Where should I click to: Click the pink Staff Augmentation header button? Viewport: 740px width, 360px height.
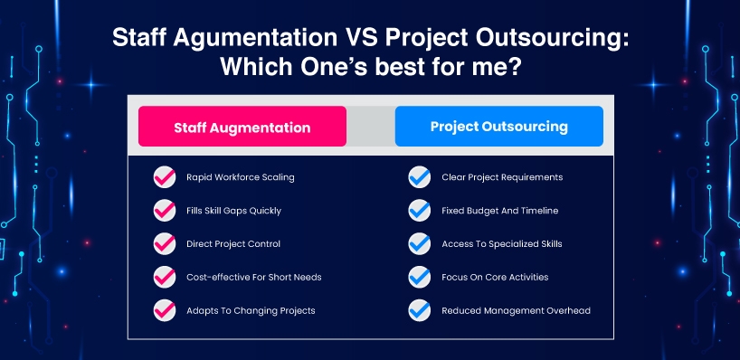pyautogui.click(x=242, y=127)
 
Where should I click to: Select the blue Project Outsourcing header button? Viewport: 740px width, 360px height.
pyautogui.click(x=498, y=127)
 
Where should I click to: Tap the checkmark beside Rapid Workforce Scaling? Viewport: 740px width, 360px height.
pyautogui.click(x=165, y=177)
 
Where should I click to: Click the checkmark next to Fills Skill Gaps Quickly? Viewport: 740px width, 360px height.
pyautogui.click(x=165, y=211)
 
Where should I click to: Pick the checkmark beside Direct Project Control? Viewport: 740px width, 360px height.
pyautogui.click(x=165, y=244)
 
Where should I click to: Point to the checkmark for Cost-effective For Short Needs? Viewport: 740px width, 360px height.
pyautogui.click(x=165, y=277)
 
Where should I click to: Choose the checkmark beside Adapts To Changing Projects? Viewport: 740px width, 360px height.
pyautogui.click(x=165, y=310)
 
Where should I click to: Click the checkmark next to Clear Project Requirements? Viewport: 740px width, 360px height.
pyautogui.click(x=420, y=177)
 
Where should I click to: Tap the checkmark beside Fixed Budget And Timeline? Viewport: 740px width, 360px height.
pyautogui.click(x=420, y=211)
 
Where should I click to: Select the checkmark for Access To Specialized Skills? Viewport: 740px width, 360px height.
pyautogui.click(x=420, y=244)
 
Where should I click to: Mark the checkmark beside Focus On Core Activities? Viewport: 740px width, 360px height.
pyautogui.click(x=420, y=277)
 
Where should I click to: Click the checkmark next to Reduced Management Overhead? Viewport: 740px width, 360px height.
pyautogui.click(x=420, y=310)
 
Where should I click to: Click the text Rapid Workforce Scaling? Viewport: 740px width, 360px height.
pyautogui.click(x=241, y=177)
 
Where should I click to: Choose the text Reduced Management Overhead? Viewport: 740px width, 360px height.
pyautogui.click(x=516, y=310)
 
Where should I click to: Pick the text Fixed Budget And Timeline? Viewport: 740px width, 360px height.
pyautogui.click(x=499, y=211)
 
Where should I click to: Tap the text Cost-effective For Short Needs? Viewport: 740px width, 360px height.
pyautogui.click(x=254, y=277)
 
